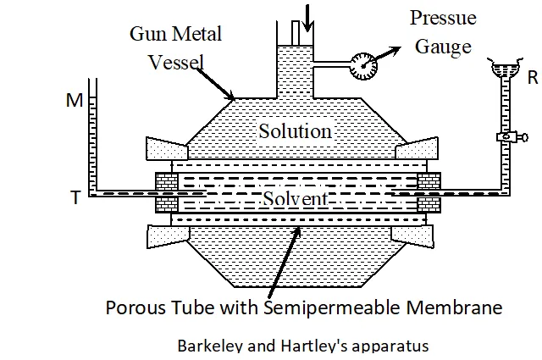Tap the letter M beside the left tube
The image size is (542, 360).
pyautogui.click(x=75, y=102)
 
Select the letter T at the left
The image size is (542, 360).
pyautogui.click(x=75, y=198)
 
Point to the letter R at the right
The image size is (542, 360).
pyautogui.click(x=533, y=78)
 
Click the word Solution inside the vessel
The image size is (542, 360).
pyautogui.click(x=295, y=131)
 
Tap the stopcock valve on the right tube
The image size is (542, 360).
pyautogui.click(x=506, y=136)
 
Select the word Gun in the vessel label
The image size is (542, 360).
pyautogui.click(x=147, y=35)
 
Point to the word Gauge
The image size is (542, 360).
pyautogui.click(x=443, y=47)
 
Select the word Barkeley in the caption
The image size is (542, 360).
pyautogui.click(x=207, y=346)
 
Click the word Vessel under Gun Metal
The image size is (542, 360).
pyautogui.click(x=176, y=63)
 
